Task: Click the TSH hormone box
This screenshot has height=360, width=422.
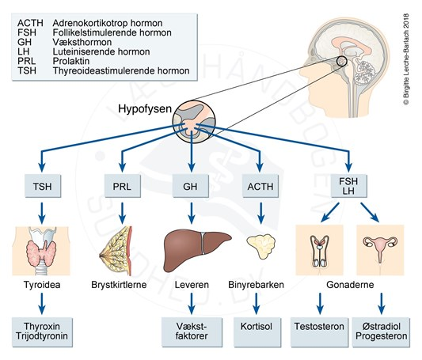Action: (x=43, y=186)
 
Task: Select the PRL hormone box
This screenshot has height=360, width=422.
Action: (x=122, y=186)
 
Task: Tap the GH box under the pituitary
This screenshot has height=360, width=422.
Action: (x=191, y=186)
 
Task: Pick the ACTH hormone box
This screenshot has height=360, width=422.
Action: (x=260, y=186)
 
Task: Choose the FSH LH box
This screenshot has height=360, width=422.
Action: (x=348, y=186)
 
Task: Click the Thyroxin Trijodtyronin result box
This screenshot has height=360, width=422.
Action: (x=42, y=332)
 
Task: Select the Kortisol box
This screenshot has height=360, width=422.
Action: (x=257, y=332)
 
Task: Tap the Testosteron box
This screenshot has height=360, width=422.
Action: (x=319, y=332)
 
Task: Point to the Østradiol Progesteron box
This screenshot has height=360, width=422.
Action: (x=381, y=332)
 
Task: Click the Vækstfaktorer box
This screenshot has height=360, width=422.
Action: (x=192, y=332)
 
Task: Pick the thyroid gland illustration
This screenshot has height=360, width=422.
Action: (x=41, y=251)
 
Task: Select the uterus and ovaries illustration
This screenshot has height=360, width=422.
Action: (x=380, y=250)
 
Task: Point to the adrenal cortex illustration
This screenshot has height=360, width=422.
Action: (x=261, y=246)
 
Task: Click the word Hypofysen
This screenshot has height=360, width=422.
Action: (x=145, y=109)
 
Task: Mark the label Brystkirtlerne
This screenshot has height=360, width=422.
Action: (x=119, y=285)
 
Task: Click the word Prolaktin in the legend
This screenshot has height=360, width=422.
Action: (x=71, y=61)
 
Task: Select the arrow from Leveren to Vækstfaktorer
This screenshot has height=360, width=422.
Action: (x=192, y=303)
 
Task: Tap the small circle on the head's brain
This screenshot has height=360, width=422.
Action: (x=342, y=62)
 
